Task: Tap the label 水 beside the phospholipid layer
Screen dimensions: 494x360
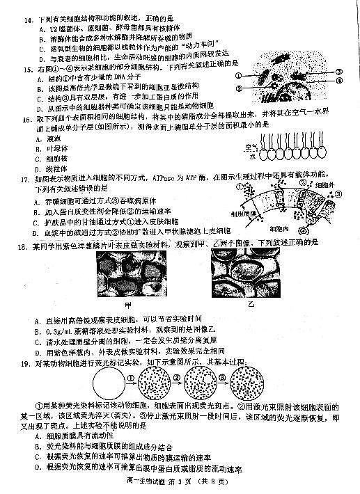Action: coord(252,157)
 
